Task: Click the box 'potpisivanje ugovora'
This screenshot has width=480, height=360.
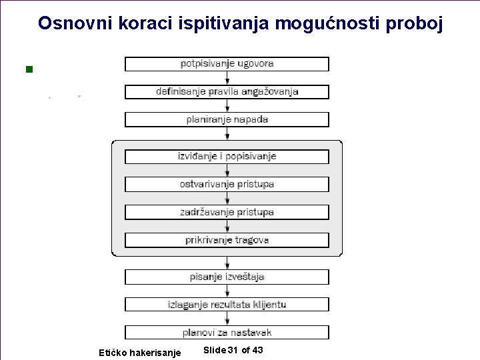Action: point(227,64)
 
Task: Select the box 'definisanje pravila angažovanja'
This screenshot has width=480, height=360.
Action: point(227,92)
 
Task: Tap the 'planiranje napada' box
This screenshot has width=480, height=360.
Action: point(227,119)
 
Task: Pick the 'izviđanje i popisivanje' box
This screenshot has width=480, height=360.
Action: point(227,157)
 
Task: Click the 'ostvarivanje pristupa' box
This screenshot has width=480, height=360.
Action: point(227,184)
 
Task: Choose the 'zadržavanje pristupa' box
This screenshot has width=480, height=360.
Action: point(227,212)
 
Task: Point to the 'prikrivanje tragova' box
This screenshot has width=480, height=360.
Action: point(227,240)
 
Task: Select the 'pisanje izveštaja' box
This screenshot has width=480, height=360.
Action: point(227,277)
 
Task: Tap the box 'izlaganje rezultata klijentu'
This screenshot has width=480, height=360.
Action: point(227,305)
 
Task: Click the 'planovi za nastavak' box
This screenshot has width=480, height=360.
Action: point(227,332)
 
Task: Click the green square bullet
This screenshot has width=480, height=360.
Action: point(28,69)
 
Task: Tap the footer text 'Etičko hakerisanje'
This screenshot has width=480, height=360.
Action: point(139,352)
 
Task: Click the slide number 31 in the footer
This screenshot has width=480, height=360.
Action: point(233,350)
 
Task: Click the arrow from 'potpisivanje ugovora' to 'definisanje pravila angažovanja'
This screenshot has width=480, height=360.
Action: point(227,78)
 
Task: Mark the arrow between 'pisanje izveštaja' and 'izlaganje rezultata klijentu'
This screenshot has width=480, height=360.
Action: point(227,291)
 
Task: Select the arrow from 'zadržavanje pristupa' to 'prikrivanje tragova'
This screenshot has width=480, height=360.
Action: point(227,226)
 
